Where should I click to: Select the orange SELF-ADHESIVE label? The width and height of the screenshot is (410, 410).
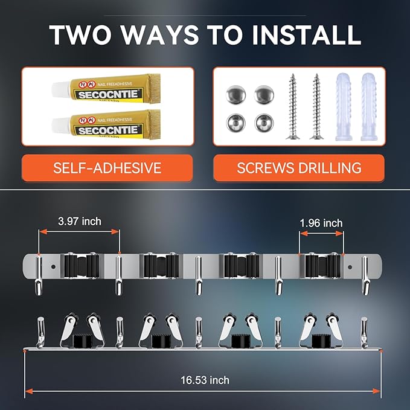(107, 168)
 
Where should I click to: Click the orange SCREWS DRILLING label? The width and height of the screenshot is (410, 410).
(299, 168)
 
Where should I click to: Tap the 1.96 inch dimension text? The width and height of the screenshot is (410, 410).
(321, 223)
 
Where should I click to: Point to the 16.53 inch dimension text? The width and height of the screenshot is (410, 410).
(205, 380)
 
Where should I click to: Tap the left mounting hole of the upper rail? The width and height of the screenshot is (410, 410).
(53, 264)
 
